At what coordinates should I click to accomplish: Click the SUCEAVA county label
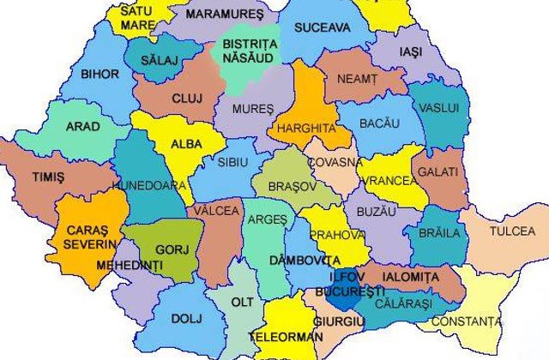[322, 27]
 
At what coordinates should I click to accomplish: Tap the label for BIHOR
[100, 75]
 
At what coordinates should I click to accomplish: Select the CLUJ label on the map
[186, 99]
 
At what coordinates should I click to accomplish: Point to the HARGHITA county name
[305, 129]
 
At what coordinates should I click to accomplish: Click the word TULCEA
[511, 232]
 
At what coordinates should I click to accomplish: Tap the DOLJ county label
[184, 320]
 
